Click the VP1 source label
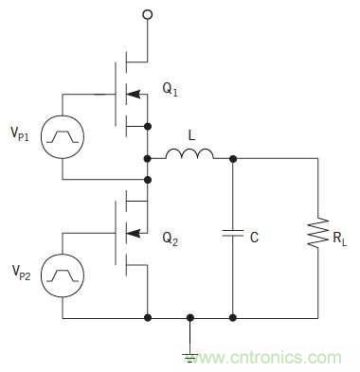point(20,134)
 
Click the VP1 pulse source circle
point(63,137)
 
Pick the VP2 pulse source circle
point(63,275)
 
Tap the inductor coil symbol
point(189,154)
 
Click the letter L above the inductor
point(191,136)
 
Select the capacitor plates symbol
point(232,234)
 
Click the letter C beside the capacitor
point(254,237)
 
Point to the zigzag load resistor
point(317,232)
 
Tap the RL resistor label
point(340,239)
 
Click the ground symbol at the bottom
point(189,356)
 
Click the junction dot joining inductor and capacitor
point(233,159)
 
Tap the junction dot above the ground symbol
point(189,318)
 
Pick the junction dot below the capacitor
point(233,318)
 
